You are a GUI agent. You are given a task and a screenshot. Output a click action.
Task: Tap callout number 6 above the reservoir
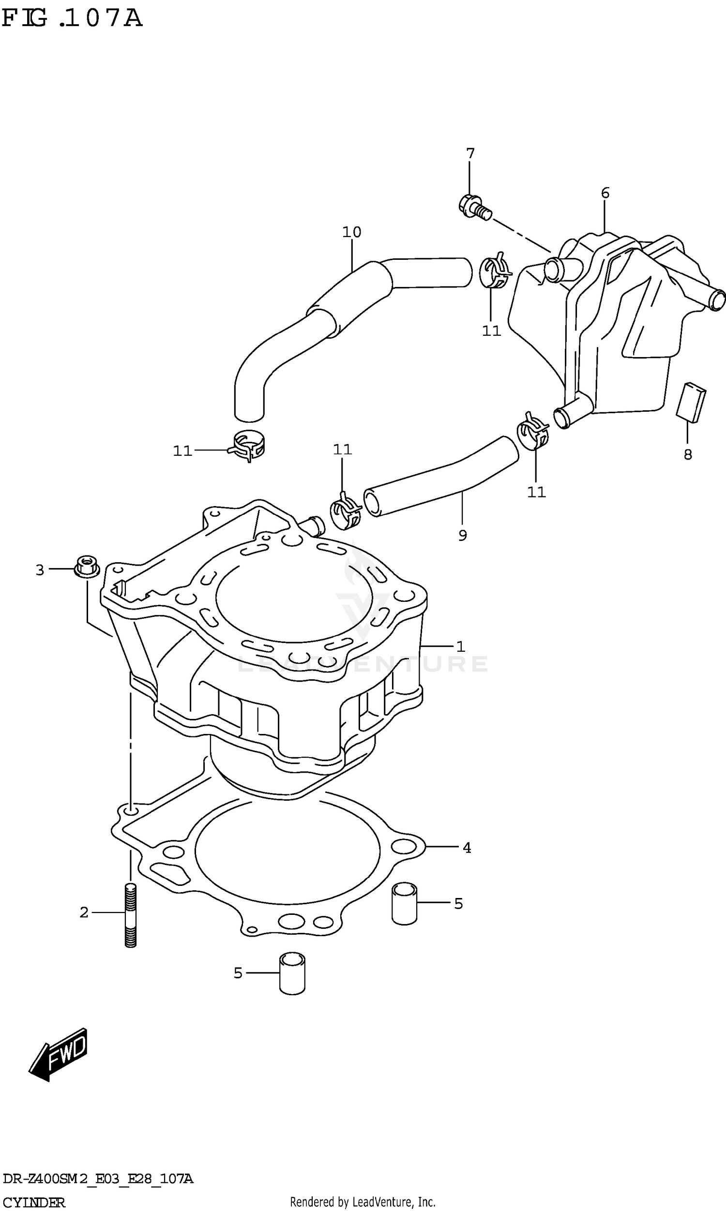605,193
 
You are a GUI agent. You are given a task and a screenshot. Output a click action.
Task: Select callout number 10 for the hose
351,232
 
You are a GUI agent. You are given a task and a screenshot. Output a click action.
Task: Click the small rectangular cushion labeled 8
691,402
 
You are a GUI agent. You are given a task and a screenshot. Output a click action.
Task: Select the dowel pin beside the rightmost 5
404,903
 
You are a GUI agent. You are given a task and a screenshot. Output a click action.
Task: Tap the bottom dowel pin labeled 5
292,973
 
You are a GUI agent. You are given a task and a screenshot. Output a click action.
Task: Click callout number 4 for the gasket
467,848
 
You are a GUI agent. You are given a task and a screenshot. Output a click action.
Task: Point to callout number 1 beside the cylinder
460,647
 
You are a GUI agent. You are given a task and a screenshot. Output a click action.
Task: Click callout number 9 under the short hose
462,535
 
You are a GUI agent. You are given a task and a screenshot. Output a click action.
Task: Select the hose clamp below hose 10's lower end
247,445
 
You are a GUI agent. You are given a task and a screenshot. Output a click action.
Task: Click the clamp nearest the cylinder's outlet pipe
346,510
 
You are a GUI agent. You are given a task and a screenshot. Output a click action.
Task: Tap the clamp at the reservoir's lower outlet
533,430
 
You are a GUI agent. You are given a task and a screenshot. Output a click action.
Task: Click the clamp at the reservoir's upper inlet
495,271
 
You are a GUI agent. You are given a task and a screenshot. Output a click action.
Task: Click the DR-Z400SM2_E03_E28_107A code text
98,1179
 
